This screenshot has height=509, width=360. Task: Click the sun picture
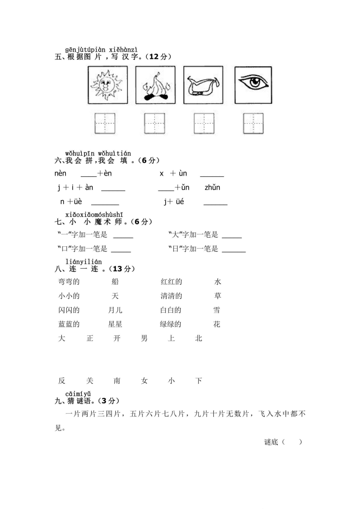coord(108,85)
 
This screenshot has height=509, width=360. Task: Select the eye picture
coord(253,85)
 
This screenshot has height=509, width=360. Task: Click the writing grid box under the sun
coord(105,123)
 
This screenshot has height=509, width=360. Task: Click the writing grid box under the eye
coord(253,123)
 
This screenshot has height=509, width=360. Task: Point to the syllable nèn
coord(60,174)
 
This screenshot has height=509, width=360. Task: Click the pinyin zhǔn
coord(212,187)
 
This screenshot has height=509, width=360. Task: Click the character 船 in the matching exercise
coord(115,282)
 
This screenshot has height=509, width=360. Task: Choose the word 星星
coord(115,324)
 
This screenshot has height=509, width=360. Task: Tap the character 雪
coord(217,310)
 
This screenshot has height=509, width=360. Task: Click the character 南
coord(117,381)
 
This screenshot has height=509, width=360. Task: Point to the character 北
coord(198,338)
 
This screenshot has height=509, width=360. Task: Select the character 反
coord(62,381)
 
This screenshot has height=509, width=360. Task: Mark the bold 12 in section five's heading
coord(154,57)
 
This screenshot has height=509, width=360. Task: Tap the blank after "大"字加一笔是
coord(232,236)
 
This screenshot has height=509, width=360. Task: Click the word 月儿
coord(115,310)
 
